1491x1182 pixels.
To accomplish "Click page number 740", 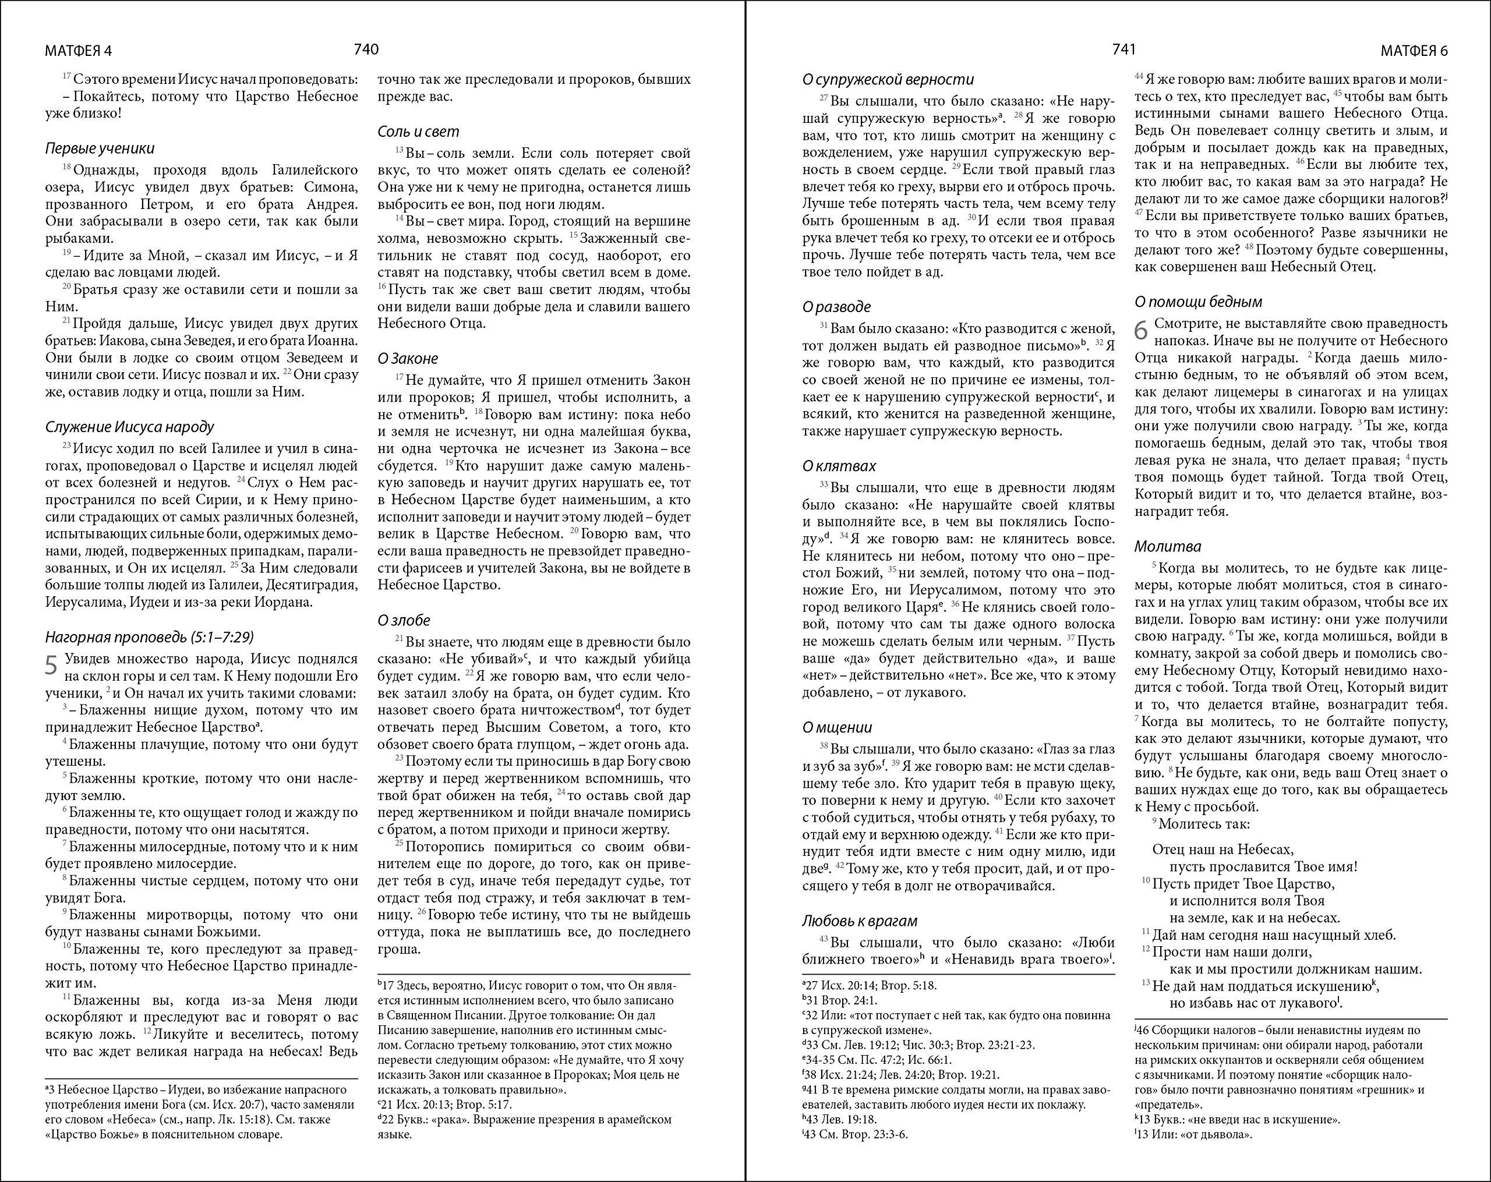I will tap(366, 49).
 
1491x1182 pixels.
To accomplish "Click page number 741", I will tap(1123, 49).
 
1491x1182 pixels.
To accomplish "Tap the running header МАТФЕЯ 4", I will tap(78, 51).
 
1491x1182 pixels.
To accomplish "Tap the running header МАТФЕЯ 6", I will tap(1414, 51).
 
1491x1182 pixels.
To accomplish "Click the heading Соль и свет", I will tap(418, 132).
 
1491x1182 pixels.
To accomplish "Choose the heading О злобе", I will tap(404, 621).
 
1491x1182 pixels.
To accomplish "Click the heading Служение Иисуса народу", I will tap(130, 427).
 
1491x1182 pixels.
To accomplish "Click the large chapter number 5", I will tap(51, 666).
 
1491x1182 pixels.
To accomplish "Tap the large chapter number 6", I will tap(1141, 331).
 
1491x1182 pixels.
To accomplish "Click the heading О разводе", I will tap(837, 307).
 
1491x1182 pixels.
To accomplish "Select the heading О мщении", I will tap(838, 727).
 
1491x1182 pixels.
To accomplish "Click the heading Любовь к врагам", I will tap(860, 921).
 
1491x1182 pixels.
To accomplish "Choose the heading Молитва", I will tap(1168, 547).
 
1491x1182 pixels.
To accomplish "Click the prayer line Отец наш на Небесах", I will tap(1223, 850).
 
